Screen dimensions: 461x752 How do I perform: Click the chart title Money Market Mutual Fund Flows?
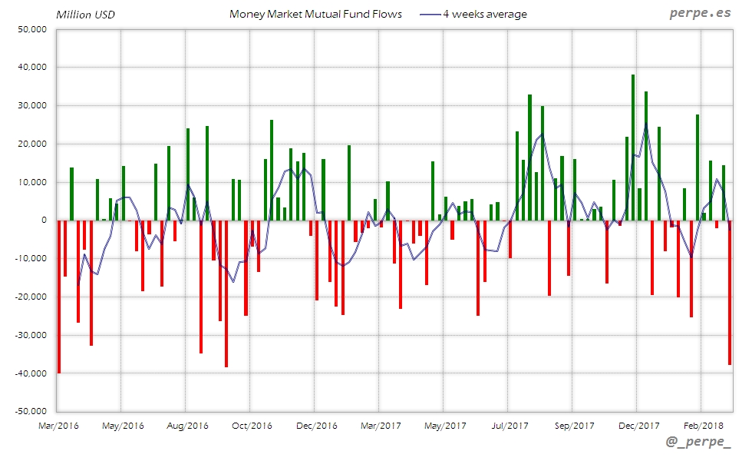tap(315, 14)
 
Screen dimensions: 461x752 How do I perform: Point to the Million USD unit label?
tap(85, 14)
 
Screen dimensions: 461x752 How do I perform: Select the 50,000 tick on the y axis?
tap(32, 29)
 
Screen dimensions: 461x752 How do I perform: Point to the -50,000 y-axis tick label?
tap(30, 411)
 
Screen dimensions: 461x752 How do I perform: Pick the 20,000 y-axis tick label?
tap(32, 144)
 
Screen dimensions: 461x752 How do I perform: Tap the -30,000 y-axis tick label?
tap(30, 335)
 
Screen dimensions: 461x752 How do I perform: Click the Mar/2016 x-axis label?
tap(58, 425)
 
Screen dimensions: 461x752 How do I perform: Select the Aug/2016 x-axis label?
tap(187, 425)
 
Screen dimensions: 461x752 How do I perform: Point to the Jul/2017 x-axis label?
tap(510, 425)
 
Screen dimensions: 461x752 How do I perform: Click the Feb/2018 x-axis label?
tap(703, 425)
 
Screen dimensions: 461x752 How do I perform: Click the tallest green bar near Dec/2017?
tap(633, 146)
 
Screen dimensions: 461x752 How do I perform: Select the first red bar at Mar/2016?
tap(59, 296)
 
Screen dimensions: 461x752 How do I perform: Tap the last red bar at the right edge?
tap(730, 292)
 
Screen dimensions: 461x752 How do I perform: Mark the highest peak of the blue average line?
tap(646, 124)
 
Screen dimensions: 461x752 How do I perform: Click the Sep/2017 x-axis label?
tap(574, 425)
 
